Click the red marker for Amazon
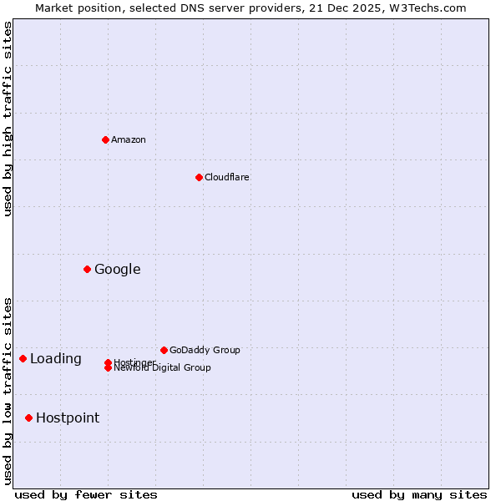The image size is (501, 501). tap(105, 139)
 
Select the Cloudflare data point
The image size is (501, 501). tap(199, 177)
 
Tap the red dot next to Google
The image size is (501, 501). tap(87, 269)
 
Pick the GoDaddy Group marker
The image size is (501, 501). tap(164, 350)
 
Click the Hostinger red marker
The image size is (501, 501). tap(108, 362)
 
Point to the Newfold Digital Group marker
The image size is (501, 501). tap(108, 368)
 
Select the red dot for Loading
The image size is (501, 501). tap(23, 358)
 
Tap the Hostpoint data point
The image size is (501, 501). tap(28, 417)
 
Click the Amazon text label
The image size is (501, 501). tap(128, 139)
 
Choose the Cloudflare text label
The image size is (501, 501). tap(226, 177)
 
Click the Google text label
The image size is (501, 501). tap(117, 269)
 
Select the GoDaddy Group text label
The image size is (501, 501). tap(205, 350)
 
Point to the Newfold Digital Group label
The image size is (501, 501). tap(162, 368)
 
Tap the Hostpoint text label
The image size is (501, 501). tap(67, 417)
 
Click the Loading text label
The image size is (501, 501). tap(55, 358)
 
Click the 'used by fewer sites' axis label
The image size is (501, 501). tap(86, 494)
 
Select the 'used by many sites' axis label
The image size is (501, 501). tap(419, 494)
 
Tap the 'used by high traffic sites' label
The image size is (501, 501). tap(8, 119)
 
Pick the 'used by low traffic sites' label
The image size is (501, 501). tap(8, 390)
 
